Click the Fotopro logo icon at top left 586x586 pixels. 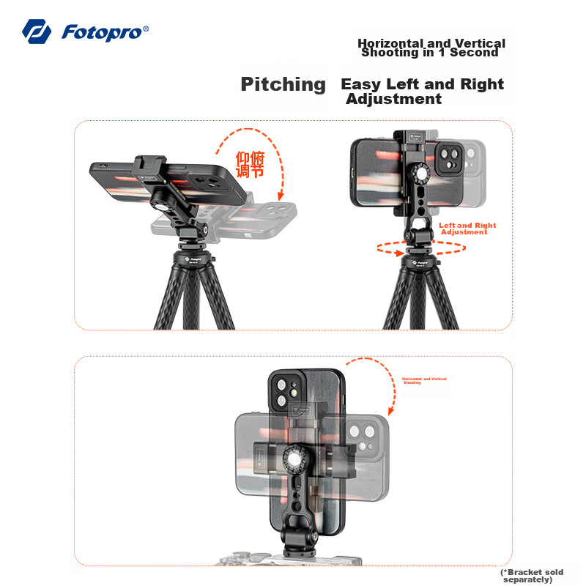pyautogui.click(x=36, y=31)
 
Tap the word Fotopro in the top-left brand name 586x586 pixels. pyautogui.click(x=105, y=32)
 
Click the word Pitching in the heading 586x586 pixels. pyautogui.click(x=283, y=84)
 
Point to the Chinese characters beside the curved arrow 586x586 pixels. pyautogui.click(x=250, y=164)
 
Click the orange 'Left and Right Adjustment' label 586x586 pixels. pyautogui.click(x=467, y=229)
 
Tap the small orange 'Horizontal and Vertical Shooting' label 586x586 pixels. pyautogui.click(x=424, y=380)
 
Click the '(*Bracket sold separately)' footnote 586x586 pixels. pyautogui.click(x=532, y=576)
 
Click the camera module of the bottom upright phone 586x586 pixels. pyautogui.click(x=286, y=393)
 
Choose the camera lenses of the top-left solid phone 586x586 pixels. pyautogui.click(x=209, y=182)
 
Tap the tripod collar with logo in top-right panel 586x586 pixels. pyautogui.click(x=420, y=260)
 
